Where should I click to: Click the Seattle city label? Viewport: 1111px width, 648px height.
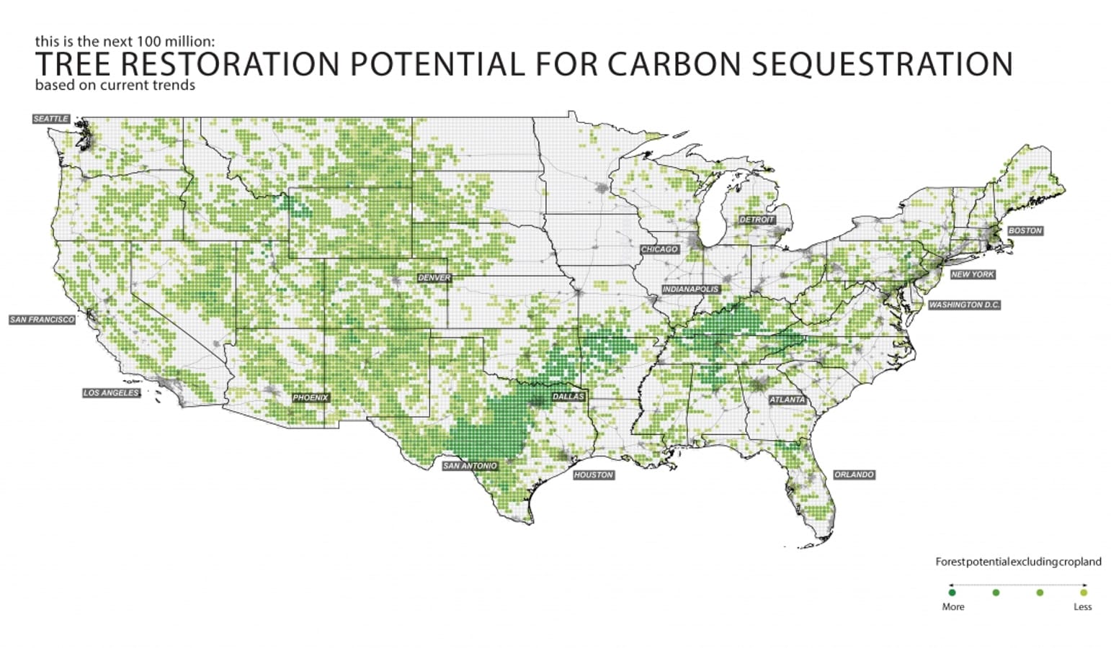[51, 119]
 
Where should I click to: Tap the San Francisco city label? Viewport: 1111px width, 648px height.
[42, 320]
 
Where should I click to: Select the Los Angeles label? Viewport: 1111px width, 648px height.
[111, 393]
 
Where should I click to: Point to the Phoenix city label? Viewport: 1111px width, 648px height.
[311, 397]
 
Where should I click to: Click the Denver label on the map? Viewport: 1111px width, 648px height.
[434, 278]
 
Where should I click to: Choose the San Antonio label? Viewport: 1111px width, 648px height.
[470, 466]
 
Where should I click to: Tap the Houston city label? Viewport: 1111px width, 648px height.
[594, 475]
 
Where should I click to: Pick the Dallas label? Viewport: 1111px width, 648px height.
[568, 397]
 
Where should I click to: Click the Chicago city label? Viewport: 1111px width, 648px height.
[659, 249]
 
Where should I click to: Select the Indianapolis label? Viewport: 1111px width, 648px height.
[691, 289]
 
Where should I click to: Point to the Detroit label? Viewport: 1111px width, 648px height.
[757, 220]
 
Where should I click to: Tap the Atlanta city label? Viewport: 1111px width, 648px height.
[787, 400]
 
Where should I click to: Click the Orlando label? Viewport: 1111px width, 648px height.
[854, 474]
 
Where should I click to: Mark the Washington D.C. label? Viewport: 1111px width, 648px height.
[964, 305]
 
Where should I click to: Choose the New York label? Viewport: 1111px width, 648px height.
[973, 274]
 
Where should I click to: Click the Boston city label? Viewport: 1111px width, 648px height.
[1025, 230]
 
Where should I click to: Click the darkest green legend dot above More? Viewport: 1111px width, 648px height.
[952, 593]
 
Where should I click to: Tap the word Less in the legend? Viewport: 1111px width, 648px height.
[1082, 607]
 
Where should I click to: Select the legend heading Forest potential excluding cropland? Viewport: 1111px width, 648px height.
[1018, 562]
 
